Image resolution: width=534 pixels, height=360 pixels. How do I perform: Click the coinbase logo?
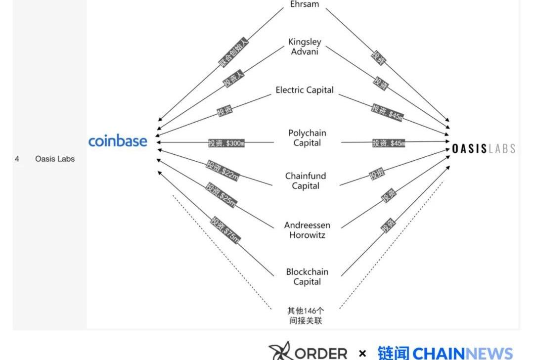[x=118, y=141]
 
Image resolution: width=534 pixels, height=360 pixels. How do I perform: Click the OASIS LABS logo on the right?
[x=484, y=148]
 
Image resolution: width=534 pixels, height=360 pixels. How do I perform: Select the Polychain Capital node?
[x=307, y=138]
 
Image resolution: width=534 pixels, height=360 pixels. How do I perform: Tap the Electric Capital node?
[x=305, y=90]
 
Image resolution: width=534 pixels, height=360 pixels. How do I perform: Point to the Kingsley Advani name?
[x=305, y=46]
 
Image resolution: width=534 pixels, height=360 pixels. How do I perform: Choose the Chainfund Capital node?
[x=305, y=181]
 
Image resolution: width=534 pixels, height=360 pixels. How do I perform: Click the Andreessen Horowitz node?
[x=307, y=230]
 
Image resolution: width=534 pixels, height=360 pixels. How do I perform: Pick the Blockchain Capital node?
[x=307, y=277]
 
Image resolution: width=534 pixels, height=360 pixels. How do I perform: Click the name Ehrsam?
[x=305, y=4]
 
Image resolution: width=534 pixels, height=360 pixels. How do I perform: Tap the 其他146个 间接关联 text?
[x=306, y=316]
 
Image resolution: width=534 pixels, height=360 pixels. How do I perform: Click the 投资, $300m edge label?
[x=226, y=143]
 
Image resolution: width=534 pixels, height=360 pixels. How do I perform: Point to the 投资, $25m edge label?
[x=222, y=195]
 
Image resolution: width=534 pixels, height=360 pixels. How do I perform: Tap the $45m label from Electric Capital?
[x=388, y=112]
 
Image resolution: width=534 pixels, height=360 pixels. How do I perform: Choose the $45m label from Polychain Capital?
[x=389, y=143]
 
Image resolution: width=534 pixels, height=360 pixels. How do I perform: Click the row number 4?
[x=17, y=159]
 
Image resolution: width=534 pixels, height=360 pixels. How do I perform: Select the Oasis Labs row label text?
[x=55, y=159]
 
